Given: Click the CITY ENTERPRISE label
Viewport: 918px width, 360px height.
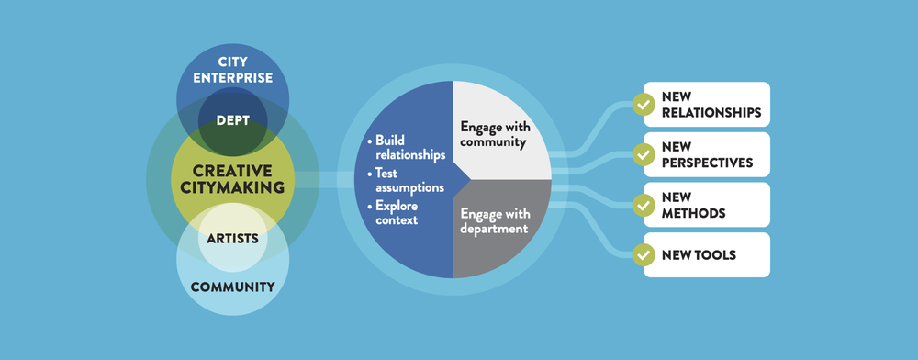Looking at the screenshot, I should tap(232, 70).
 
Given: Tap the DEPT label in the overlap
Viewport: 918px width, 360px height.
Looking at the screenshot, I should tap(233, 119).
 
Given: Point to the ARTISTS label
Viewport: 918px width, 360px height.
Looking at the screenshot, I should tap(232, 239).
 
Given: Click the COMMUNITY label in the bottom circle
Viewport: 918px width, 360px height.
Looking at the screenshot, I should tap(232, 287).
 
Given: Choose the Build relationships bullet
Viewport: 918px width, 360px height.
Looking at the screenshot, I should tap(405, 148).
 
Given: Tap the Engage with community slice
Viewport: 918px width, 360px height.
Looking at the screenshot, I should tap(496, 134).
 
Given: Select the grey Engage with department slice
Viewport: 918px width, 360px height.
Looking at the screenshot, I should tap(496, 220).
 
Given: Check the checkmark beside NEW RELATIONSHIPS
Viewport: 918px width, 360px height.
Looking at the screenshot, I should tap(644, 105).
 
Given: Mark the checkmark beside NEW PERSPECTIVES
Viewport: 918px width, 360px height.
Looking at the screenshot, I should tap(644, 154).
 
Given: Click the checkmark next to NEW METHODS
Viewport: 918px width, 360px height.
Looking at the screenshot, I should tap(644, 204).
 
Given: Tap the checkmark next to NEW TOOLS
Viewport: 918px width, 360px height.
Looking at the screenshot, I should tap(644, 254).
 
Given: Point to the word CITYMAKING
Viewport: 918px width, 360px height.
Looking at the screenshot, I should tap(232, 188).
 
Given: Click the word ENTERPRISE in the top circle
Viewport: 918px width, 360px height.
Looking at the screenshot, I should tap(232, 78).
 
